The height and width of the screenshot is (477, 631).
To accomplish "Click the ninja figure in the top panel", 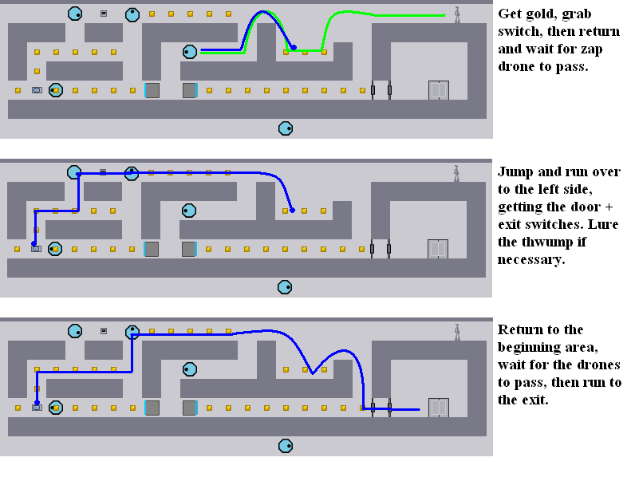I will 457,15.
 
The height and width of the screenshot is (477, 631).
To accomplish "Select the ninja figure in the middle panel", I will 456,173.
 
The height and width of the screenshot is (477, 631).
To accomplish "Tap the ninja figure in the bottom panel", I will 457,332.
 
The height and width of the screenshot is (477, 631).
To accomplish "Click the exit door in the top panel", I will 438,90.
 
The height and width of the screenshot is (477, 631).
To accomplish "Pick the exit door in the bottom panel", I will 438,408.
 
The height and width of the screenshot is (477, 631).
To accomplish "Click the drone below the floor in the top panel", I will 286,128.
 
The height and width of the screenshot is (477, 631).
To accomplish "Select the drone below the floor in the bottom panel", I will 286,445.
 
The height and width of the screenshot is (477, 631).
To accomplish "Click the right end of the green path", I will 444,15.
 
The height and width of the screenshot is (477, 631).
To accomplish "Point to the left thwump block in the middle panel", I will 152,249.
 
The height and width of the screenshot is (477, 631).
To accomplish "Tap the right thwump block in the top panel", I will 189,90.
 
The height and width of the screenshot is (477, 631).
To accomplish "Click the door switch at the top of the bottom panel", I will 104,330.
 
